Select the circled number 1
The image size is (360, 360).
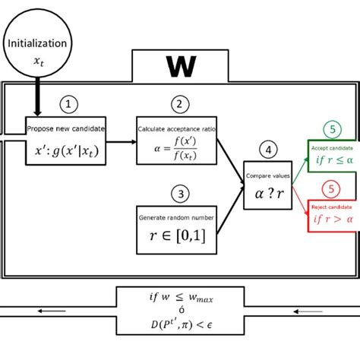69,104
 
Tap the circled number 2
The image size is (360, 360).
179,104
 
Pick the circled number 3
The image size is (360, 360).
179,194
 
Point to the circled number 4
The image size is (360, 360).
266,149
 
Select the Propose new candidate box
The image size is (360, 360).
66,141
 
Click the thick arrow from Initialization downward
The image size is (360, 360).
36,99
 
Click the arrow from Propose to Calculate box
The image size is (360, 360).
122,141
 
